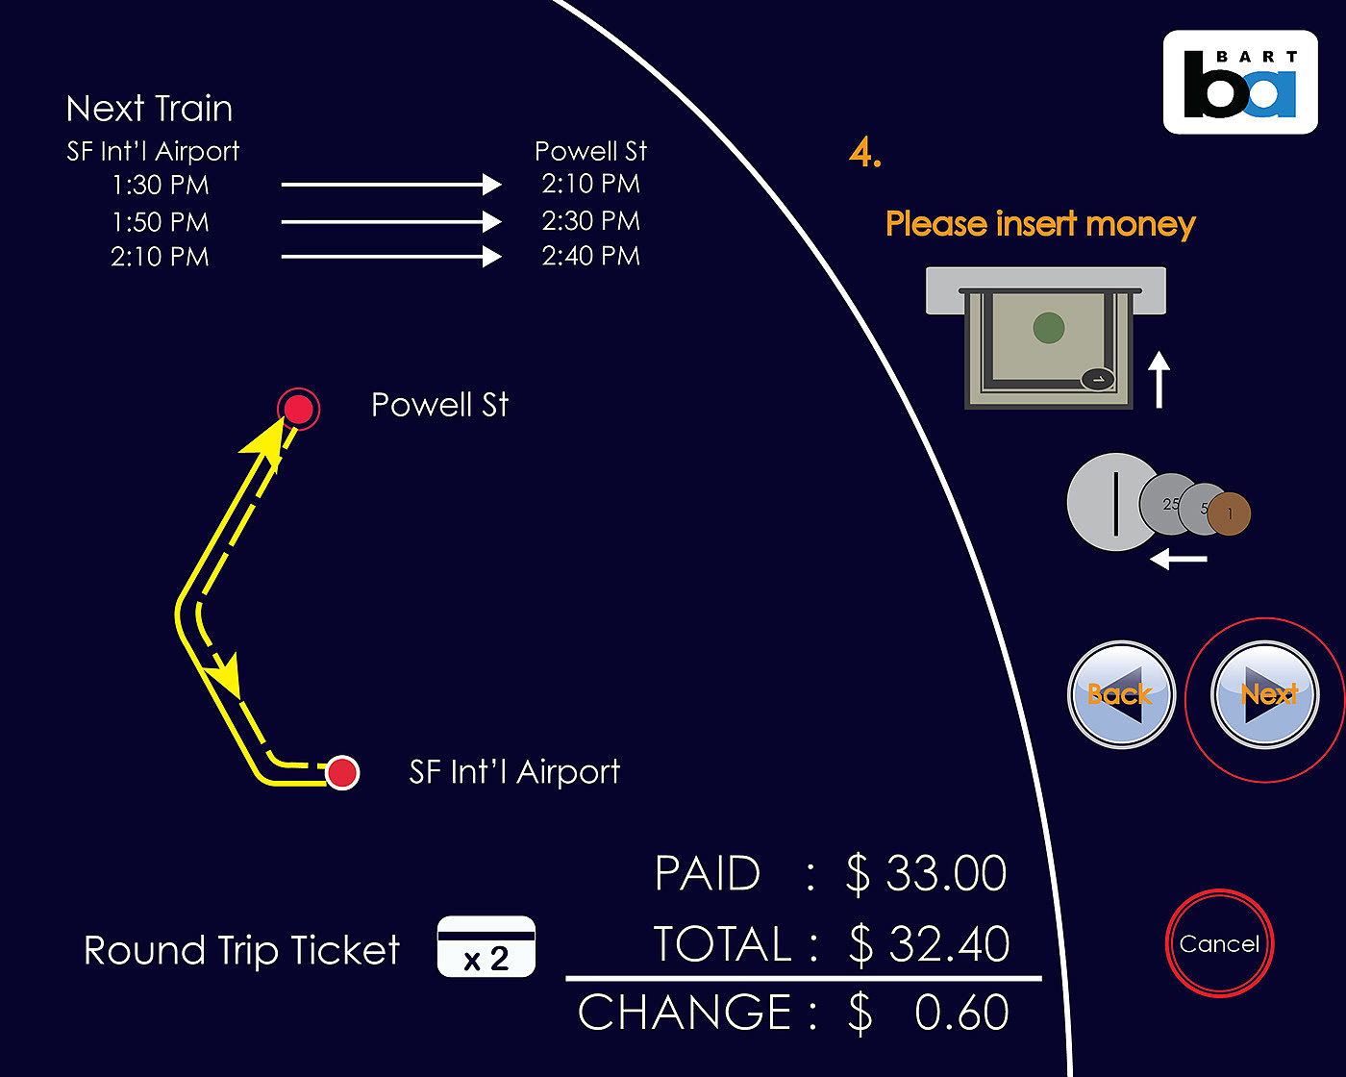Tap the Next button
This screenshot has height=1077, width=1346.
click(1265, 695)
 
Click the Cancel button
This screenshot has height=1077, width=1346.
click(1219, 943)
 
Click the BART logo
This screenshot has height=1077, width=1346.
click(1240, 83)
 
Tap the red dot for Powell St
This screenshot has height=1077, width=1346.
click(298, 410)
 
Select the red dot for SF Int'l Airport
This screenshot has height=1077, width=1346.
click(342, 772)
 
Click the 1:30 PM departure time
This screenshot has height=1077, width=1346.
click(161, 185)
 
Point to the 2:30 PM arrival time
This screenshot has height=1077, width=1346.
click(590, 221)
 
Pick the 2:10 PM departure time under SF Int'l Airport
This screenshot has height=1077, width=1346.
click(160, 257)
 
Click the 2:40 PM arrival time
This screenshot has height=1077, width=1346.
click(590, 256)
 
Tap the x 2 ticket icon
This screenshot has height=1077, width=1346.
click(486, 947)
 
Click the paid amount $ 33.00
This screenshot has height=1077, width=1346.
click(926, 873)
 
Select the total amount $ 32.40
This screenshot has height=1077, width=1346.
click(929, 943)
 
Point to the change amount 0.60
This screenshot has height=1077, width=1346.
click(960, 1013)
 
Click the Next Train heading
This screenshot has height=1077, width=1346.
click(150, 109)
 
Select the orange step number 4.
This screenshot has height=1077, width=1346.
click(865, 153)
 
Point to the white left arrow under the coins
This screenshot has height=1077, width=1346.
click(1179, 559)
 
